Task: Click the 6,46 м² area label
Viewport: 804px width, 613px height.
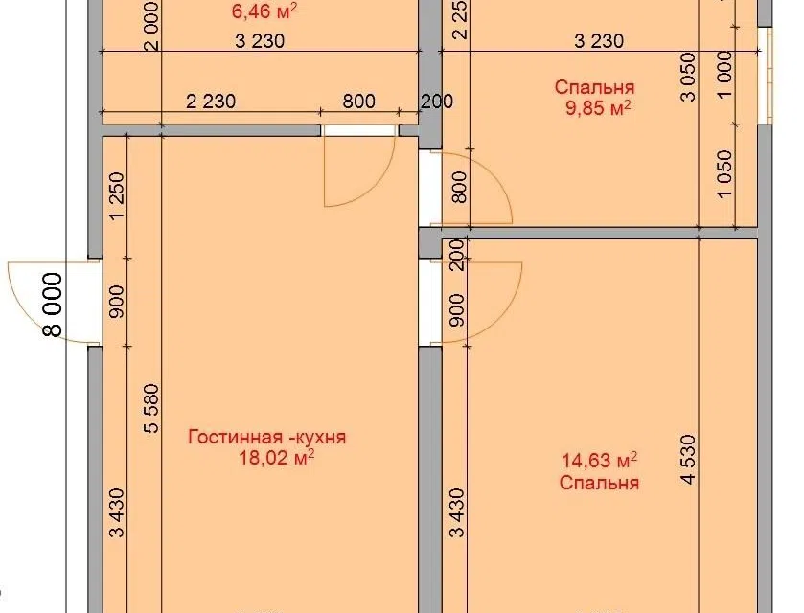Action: coord(264,11)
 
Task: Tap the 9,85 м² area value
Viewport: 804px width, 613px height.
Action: coord(598,108)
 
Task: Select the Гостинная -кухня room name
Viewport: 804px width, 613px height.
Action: coord(267,437)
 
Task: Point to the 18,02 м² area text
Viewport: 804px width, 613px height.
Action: coord(276,458)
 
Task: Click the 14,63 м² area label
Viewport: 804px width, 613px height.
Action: coord(600,461)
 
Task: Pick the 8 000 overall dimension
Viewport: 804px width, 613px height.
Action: coord(54,305)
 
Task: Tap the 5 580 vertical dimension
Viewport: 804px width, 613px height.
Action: coord(151,408)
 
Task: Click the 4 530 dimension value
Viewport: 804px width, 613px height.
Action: coord(690,459)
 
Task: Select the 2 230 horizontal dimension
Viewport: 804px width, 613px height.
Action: coord(211,102)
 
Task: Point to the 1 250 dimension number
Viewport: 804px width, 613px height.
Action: coord(117,195)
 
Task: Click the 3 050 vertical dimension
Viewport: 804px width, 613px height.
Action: coord(690,77)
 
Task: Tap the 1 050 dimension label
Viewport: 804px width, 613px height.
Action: coord(725,173)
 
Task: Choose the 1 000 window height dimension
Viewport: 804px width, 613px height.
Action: coord(725,75)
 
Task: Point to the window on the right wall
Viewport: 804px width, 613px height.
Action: coord(765,75)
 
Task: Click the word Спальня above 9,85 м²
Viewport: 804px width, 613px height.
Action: coord(595,87)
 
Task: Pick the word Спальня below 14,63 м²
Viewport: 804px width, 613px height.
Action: coord(600,483)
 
